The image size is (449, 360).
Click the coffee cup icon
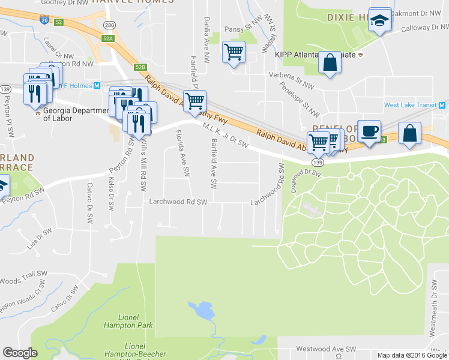[x=369, y=130]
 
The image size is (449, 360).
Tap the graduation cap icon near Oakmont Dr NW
[x=379, y=22]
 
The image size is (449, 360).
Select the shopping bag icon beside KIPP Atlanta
[x=330, y=63]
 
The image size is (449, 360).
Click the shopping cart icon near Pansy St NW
[x=233, y=52]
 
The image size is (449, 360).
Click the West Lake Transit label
[x=410, y=105]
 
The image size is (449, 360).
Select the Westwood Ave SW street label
[x=328, y=348]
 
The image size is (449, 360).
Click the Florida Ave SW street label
[x=182, y=154]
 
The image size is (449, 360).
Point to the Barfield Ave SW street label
[x=212, y=162]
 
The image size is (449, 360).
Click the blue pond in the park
[x=202, y=311]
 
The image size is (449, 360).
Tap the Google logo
[x=20, y=353]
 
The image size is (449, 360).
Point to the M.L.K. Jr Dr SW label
[x=226, y=136]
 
